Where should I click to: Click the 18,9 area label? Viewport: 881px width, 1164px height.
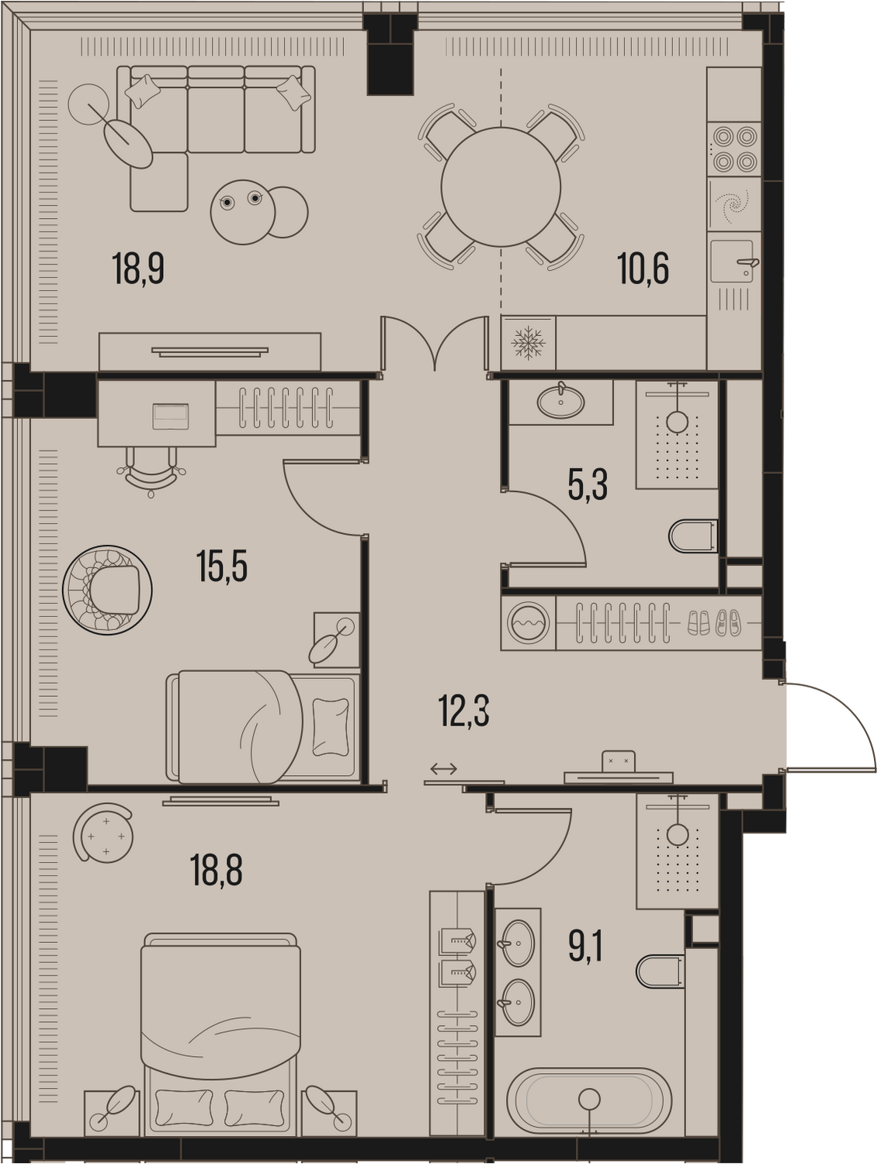pyautogui.click(x=138, y=268)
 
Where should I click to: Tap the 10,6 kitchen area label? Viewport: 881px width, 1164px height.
pyautogui.click(x=643, y=268)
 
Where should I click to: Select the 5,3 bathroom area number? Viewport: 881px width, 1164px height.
pyautogui.click(x=588, y=485)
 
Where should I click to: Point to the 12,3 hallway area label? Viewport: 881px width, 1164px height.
pyautogui.click(x=464, y=711)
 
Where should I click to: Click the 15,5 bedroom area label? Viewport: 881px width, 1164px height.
pyautogui.click(x=222, y=566)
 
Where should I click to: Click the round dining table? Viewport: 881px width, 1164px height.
pyautogui.click(x=501, y=187)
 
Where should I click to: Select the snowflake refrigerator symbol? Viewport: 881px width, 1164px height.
pyautogui.click(x=529, y=342)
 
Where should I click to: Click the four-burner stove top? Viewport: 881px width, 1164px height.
pyautogui.click(x=734, y=149)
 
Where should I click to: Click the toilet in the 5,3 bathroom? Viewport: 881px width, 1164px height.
pyautogui.click(x=693, y=535)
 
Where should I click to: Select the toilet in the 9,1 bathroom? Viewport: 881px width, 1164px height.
pyautogui.click(x=661, y=972)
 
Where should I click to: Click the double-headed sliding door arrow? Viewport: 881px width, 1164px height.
pyautogui.click(x=443, y=768)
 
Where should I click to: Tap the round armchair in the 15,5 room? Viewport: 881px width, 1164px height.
pyautogui.click(x=107, y=590)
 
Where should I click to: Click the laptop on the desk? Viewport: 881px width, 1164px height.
pyautogui.click(x=170, y=416)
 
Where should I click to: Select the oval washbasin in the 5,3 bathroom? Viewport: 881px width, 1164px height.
pyautogui.click(x=560, y=402)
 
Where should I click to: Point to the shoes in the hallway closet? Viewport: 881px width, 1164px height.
pyautogui.click(x=714, y=622)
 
